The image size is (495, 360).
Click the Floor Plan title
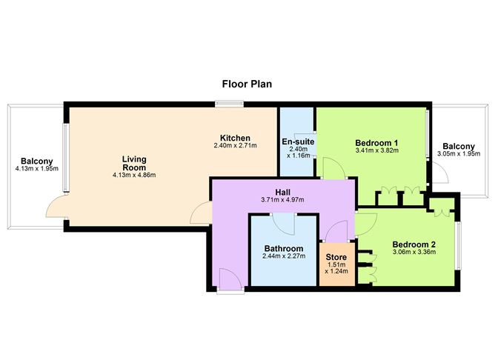pyautogui.click(x=247, y=84)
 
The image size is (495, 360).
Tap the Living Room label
pyautogui.click(x=134, y=163)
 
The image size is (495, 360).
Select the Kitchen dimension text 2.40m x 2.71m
pyautogui.click(x=234, y=146)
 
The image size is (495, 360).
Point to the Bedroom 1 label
pyautogui.click(x=376, y=142)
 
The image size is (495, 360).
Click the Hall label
pyautogui.click(x=282, y=192)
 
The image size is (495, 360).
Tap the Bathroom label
pyautogui.click(x=283, y=248)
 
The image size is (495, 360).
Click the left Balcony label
pyautogui.click(x=36, y=161)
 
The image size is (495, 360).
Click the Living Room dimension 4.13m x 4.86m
pyautogui.click(x=134, y=175)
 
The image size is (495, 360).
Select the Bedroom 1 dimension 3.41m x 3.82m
pyautogui.click(x=376, y=150)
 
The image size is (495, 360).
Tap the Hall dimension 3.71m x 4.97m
pyautogui.click(x=282, y=200)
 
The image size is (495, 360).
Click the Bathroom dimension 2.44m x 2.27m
pyautogui.click(x=283, y=256)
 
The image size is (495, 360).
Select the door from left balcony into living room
pyautogui.click(x=55, y=211)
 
